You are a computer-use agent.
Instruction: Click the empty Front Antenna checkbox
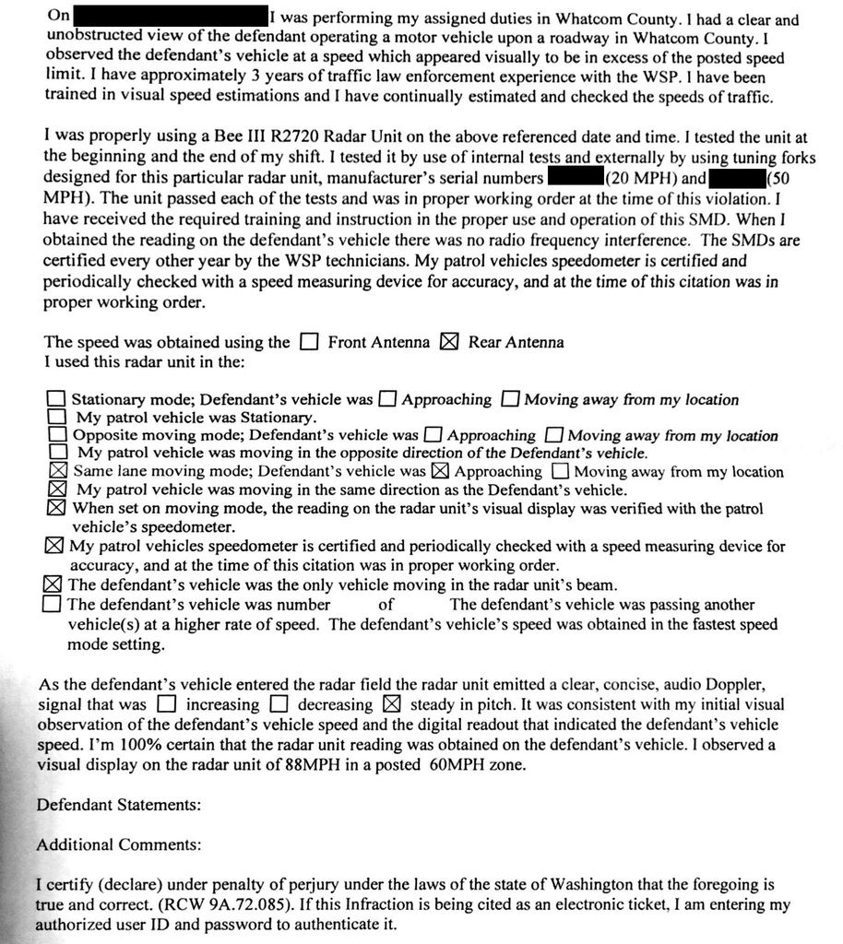[x=309, y=343]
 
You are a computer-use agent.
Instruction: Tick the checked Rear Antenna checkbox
[x=449, y=343]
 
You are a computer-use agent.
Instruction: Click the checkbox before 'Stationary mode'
[x=56, y=399]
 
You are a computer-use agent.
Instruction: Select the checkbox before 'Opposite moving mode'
[x=56, y=434]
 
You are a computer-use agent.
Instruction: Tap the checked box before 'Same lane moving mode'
[x=56, y=471]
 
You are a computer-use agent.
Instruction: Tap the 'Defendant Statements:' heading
[x=118, y=804]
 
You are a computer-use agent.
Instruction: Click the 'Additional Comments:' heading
[x=114, y=844]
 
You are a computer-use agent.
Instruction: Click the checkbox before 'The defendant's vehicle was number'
[x=53, y=606]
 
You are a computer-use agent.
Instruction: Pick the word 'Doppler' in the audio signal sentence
[x=725, y=684]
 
